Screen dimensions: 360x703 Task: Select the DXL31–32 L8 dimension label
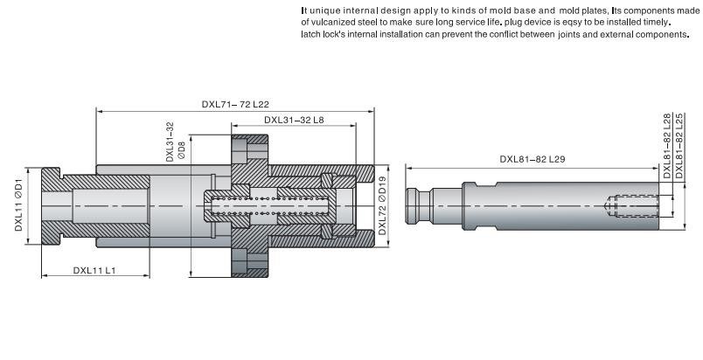295,121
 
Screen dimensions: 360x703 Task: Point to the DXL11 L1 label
94,270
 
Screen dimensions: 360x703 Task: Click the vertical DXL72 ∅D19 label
382,207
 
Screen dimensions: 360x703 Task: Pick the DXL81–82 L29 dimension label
532,159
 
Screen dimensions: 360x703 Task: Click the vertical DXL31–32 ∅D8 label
176,142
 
